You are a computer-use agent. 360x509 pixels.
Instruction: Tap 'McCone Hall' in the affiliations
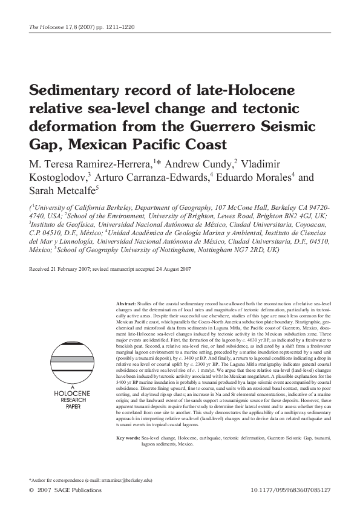[x=247, y=207]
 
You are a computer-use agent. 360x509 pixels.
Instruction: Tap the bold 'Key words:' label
[x=128, y=437]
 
